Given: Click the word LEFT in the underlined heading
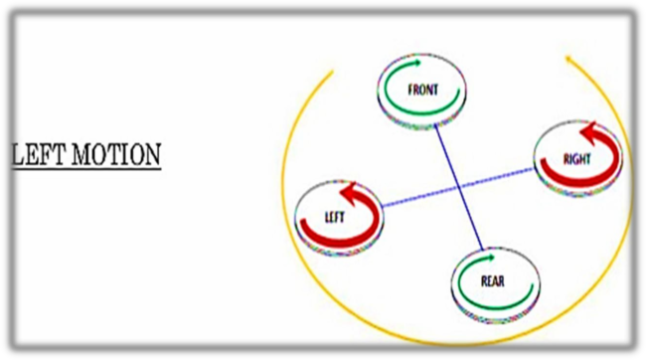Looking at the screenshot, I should click(37, 155).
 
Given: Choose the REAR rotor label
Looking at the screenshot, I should click(493, 280).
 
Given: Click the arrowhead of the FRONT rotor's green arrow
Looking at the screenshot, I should click(438, 70).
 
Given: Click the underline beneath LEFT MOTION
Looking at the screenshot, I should click(83, 167).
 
